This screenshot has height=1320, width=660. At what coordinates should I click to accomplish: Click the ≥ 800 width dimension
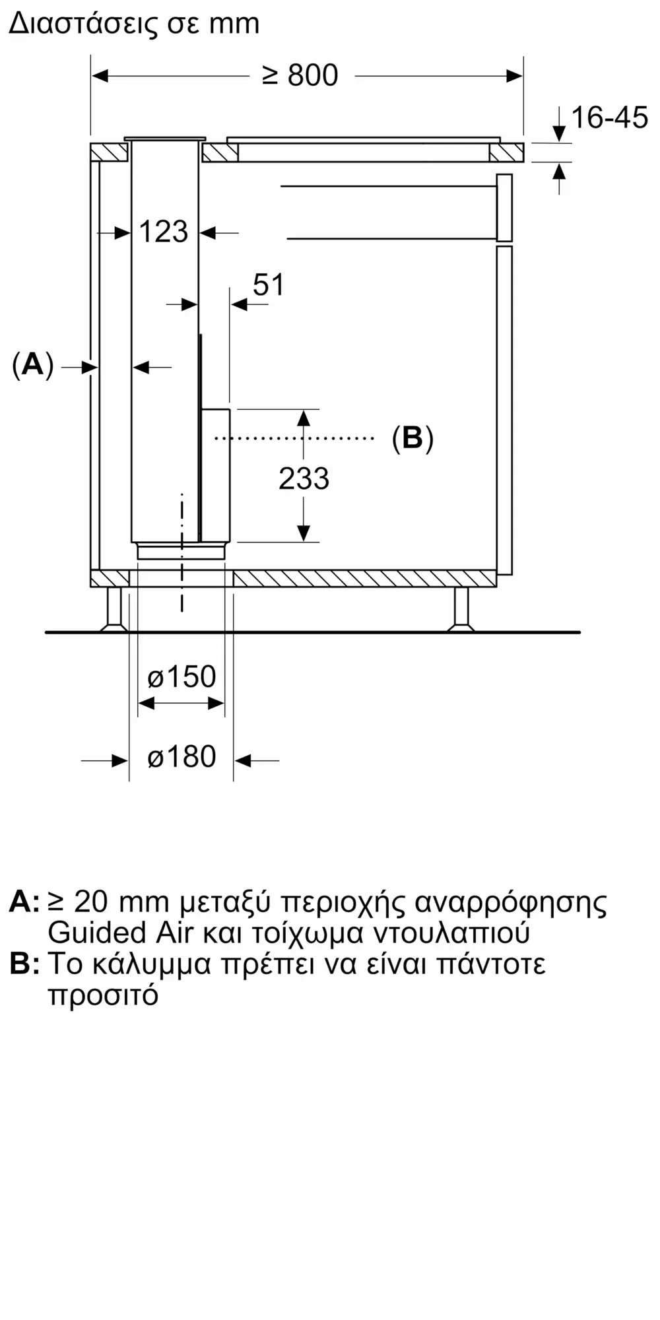(300, 76)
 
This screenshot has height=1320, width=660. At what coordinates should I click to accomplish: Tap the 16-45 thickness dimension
(609, 118)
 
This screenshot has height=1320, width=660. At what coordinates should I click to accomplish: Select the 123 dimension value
(164, 232)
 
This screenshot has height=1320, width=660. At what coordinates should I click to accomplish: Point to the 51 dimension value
(269, 285)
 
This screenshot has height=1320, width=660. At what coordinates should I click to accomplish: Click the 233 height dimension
(304, 478)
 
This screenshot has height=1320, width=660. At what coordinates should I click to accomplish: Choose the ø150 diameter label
(181, 677)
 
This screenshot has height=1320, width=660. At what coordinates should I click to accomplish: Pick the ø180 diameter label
(181, 757)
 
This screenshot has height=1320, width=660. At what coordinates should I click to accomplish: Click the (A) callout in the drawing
(32, 365)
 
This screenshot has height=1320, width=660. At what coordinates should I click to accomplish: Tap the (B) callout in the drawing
(412, 438)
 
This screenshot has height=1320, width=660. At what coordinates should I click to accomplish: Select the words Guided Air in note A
(121, 933)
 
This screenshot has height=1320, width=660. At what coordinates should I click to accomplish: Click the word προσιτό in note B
(103, 995)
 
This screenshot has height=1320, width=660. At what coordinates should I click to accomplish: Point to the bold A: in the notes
(24, 902)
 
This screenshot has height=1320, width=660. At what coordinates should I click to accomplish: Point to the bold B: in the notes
(24, 964)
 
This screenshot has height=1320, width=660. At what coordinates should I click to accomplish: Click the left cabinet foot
(114, 609)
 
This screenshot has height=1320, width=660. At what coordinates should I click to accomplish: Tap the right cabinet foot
(461, 609)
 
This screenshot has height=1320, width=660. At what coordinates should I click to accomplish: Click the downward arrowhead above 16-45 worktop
(559, 134)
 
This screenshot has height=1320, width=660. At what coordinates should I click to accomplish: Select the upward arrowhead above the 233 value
(304, 418)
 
